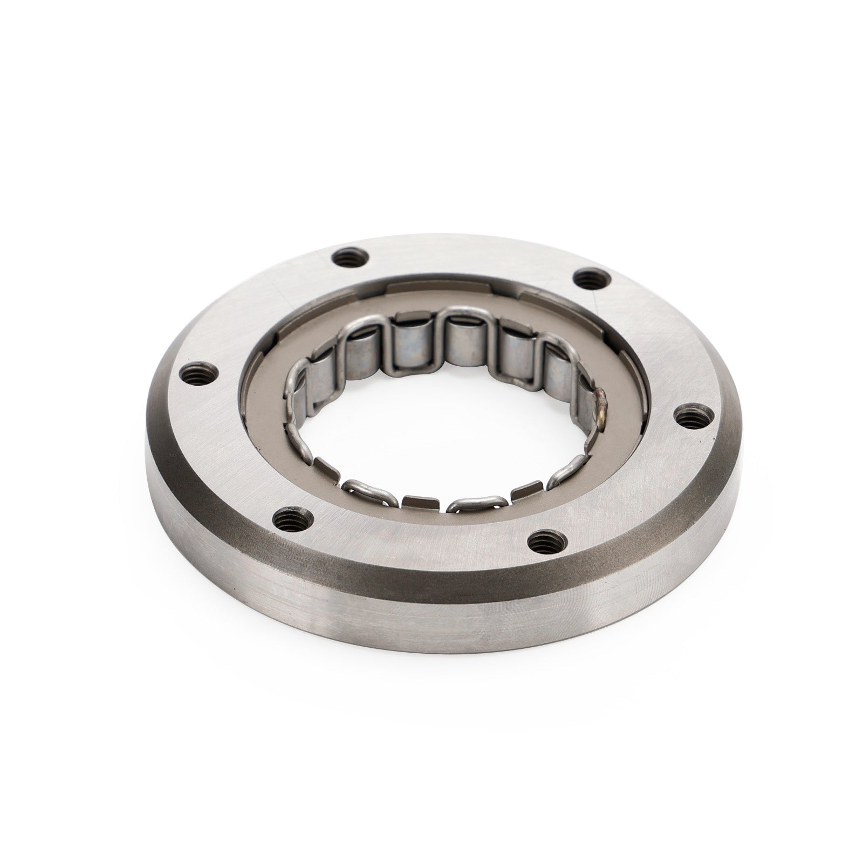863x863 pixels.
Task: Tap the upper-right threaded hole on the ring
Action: [x=591, y=279]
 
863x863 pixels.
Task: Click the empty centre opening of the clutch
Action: [x=448, y=426]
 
